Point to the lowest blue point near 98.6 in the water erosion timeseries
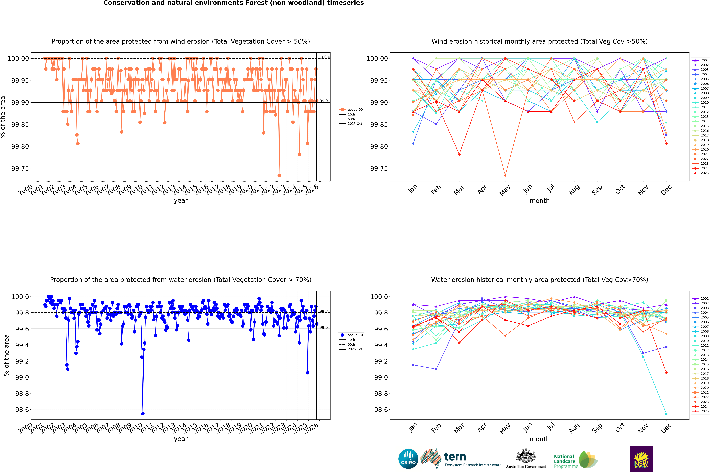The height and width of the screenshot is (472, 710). coord(143,414)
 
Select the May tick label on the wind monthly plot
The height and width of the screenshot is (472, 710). coord(505,190)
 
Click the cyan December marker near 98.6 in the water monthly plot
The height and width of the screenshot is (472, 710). coord(666,414)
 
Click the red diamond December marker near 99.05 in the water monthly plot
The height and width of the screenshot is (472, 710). coord(666,373)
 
